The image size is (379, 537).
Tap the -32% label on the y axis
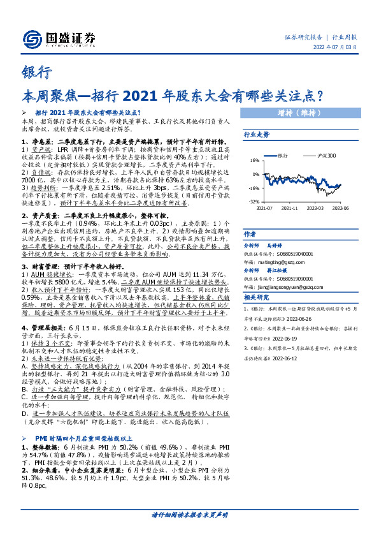click(x=254, y=200)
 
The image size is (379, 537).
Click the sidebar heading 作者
click(x=250, y=234)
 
